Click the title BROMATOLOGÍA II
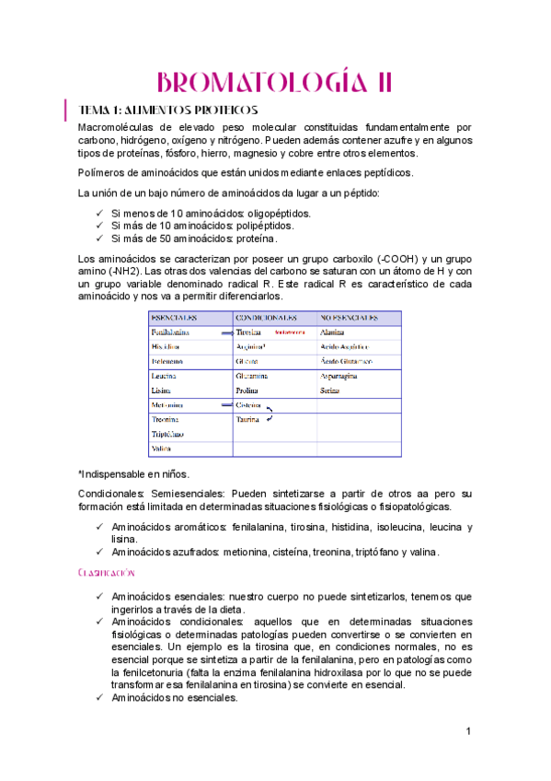(275, 82)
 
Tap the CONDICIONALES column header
(264, 318)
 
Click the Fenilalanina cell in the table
(171, 332)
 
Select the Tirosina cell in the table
(249, 332)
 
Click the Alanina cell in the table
(333, 332)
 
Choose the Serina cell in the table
(331, 390)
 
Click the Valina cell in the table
(161, 449)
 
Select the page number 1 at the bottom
(468, 731)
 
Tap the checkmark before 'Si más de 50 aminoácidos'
(99, 239)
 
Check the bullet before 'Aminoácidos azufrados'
(99, 552)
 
